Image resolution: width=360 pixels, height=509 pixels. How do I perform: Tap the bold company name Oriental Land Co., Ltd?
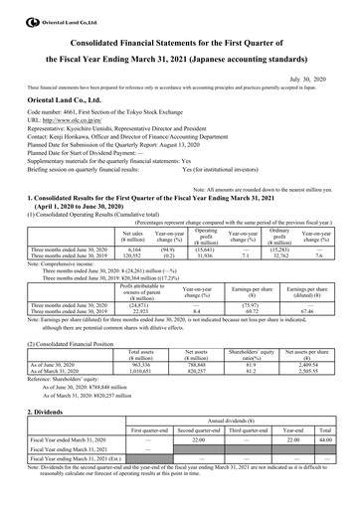tap(62, 97)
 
